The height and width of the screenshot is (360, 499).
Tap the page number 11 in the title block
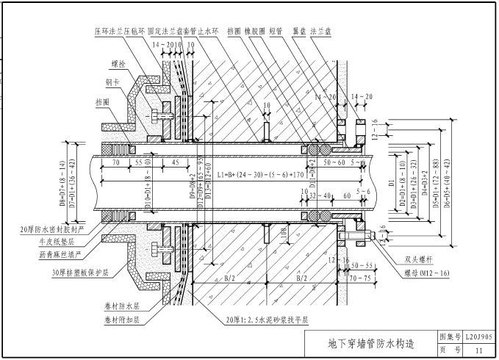478,350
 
